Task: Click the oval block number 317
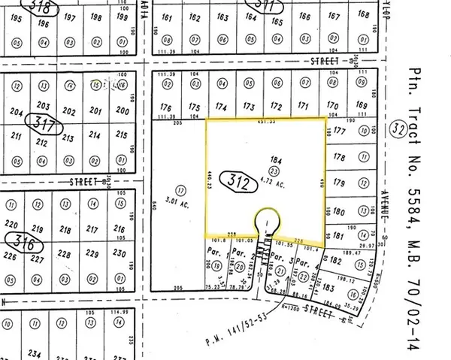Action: pyautogui.click(x=38, y=122)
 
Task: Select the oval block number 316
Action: pyautogui.click(x=21, y=241)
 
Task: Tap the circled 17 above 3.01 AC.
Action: pyautogui.click(x=180, y=191)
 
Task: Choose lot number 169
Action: pyautogui.click(x=362, y=105)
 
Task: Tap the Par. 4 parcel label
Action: pyautogui.click(x=303, y=262)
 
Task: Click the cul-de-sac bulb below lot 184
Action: pyautogui.click(x=267, y=221)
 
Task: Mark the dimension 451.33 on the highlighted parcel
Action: pyautogui.click(x=269, y=120)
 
